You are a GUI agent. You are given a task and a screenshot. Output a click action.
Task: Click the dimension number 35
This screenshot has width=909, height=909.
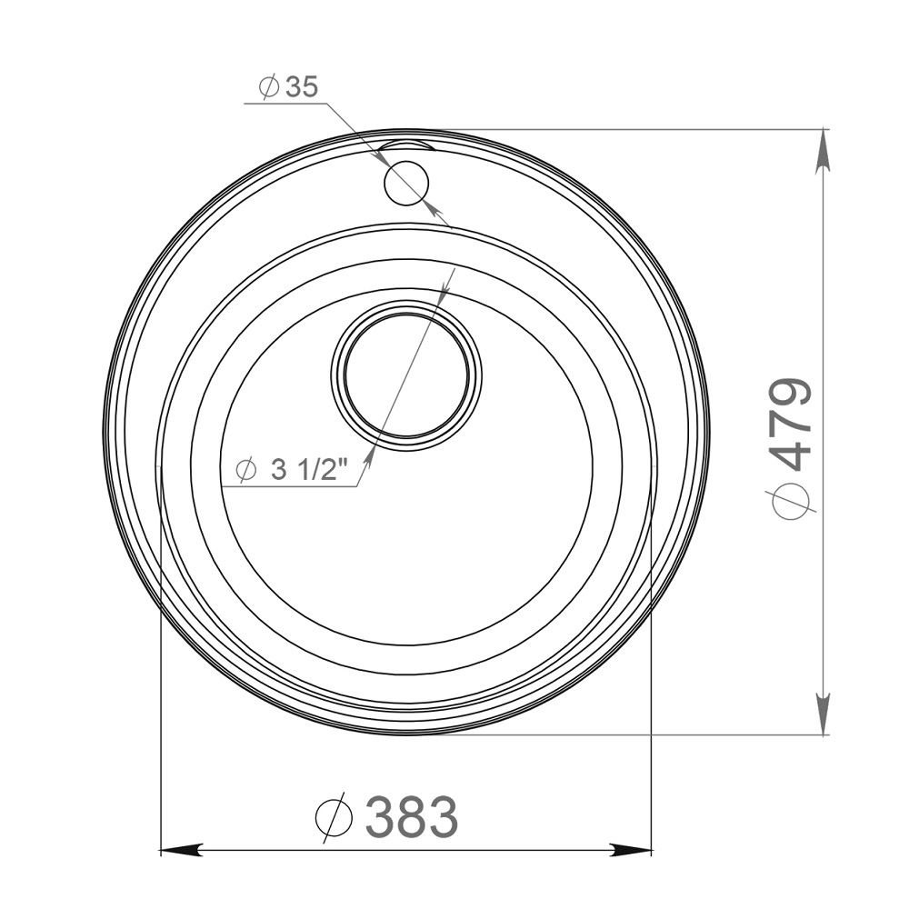(x=302, y=87)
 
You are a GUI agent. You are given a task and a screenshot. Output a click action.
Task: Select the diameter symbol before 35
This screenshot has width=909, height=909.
(x=270, y=87)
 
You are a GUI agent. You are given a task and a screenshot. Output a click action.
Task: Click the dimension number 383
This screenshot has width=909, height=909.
(x=412, y=815)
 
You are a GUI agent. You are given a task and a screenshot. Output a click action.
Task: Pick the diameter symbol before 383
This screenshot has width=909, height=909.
(x=334, y=816)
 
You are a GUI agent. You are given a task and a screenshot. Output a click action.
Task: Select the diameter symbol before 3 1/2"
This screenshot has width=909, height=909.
(x=246, y=470)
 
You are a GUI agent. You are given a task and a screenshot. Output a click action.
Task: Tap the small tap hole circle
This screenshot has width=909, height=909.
(x=405, y=183)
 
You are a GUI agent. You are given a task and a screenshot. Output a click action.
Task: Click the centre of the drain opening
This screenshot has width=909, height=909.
(x=405, y=375)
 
